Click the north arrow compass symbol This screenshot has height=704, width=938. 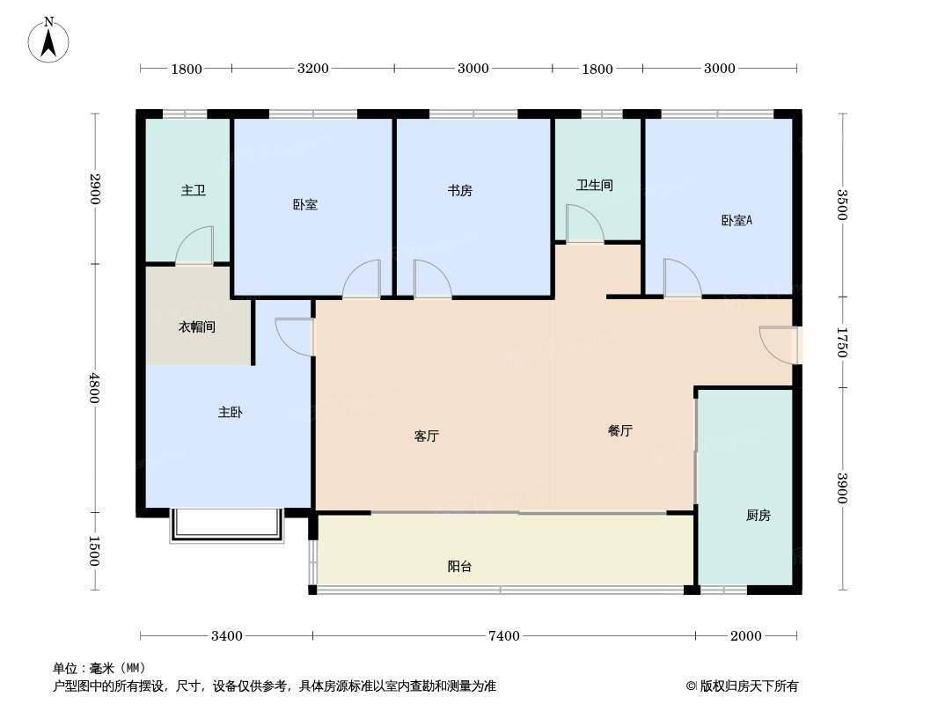click(49, 40)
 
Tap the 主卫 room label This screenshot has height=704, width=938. click(193, 190)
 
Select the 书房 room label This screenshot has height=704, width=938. click(459, 190)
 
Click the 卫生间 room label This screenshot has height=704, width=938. click(594, 185)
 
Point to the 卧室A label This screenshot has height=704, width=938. click(736, 221)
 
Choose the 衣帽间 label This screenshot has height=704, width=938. click(197, 327)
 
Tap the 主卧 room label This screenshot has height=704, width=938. click(230, 412)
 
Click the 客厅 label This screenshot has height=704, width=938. click(426, 436)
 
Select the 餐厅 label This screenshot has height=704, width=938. click(619, 431)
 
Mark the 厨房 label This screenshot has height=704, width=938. click(758, 515)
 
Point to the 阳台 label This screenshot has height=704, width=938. click(459, 567)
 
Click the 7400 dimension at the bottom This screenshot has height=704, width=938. click(504, 636)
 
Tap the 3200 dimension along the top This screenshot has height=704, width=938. click(312, 69)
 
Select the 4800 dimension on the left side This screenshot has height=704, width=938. click(95, 387)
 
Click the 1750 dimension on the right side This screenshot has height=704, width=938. click(842, 342)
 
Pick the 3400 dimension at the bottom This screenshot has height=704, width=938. click(226, 636)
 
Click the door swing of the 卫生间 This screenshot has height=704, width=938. click(583, 224)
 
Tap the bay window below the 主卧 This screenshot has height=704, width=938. click(227, 525)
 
